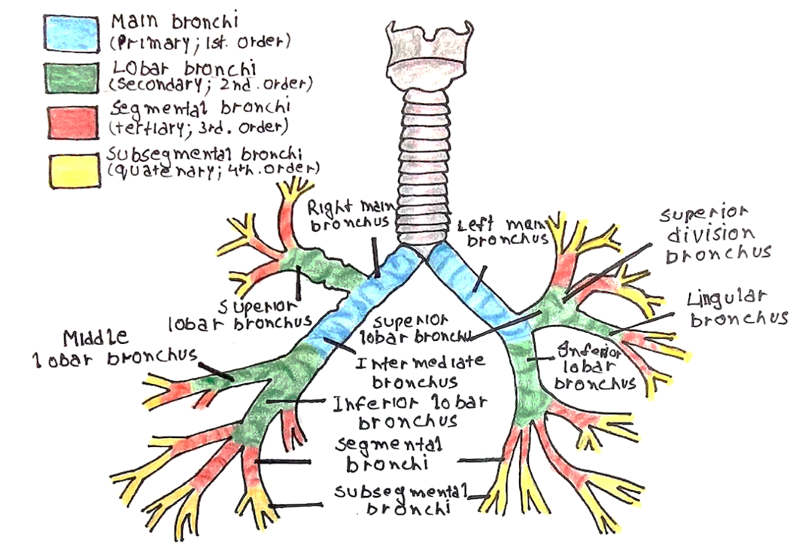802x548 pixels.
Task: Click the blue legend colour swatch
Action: tap(71, 33)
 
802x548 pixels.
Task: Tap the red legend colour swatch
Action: tap(71, 122)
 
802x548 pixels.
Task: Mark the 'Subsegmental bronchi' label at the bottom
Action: tap(403, 499)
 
